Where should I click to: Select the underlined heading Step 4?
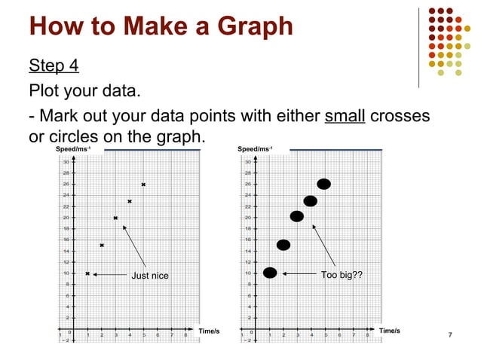click(x=54, y=66)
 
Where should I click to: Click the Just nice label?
click(x=150, y=276)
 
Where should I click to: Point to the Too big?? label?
click(x=342, y=275)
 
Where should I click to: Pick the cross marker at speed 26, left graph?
click(x=143, y=185)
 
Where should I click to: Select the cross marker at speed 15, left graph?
click(x=102, y=246)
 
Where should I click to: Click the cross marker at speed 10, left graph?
click(x=88, y=274)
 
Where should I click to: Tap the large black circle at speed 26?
click(x=324, y=184)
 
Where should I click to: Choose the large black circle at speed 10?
click(x=270, y=273)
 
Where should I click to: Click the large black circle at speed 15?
click(x=283, y=245)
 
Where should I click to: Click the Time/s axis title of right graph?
click(x=390, y=330)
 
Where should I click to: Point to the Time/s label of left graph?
click(x=208, y=331)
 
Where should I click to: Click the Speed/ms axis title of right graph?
click(x=255, y=150)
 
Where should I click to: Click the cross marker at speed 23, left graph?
click(x=130, y=201)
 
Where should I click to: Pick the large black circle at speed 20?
click(x=297, y=217)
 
